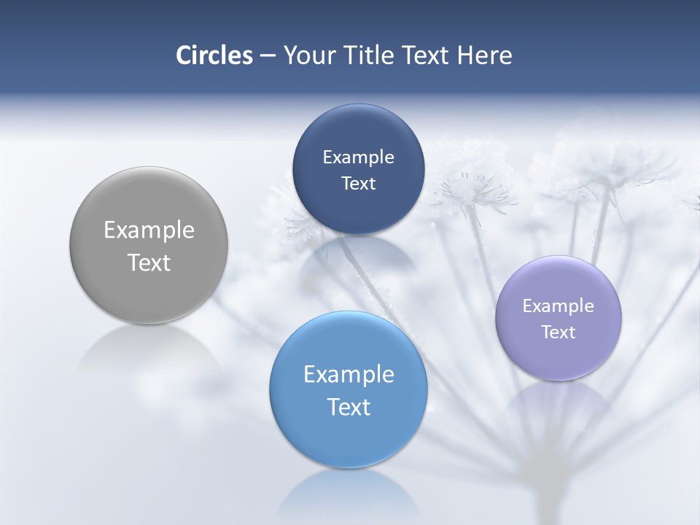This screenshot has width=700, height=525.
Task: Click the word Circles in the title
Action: pyautogui.click(x=214, y=55)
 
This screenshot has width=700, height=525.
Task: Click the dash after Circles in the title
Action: pyautogui.click(x=268, y=56)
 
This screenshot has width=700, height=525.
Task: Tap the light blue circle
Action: pyautogui.click(x=349, y=437)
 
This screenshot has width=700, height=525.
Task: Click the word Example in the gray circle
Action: pyautogui.click(x=149, y=230)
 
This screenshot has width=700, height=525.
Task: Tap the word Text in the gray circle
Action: pyautogui.click(x=149, y=262)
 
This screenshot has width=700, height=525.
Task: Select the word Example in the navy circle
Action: pyautogui.click(x=358, y=157)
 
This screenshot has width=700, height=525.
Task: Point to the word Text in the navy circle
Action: pyautogui.click(x=358, y=183)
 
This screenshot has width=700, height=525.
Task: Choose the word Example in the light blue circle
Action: pyautogui.click(x=349, y=375)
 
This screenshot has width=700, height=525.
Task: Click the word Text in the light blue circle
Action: pyautogui.click(x=349, y=407)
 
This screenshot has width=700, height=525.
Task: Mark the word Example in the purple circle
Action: pyautogui.click(x=559, y=306)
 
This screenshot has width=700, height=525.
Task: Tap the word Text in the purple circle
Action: pyautogui.click(x=559, y=332)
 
